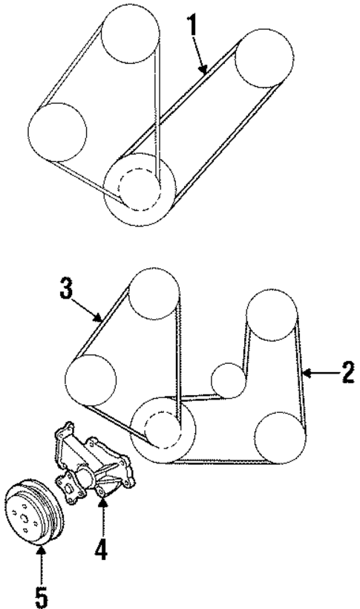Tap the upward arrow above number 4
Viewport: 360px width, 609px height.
(103, 524)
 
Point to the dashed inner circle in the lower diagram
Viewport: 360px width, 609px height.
(163, 428)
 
